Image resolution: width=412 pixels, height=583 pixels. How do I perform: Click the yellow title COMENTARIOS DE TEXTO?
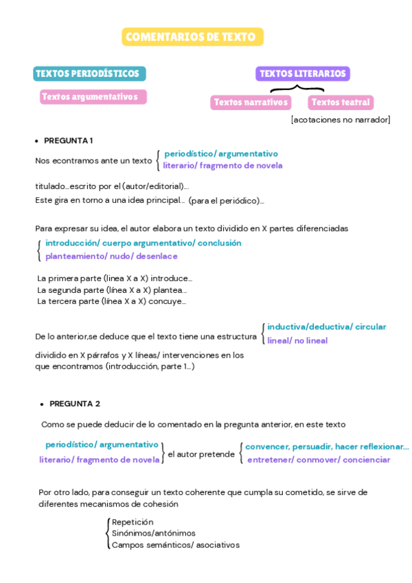point(192,37)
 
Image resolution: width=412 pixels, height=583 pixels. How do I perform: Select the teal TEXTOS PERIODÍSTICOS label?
point(88,74)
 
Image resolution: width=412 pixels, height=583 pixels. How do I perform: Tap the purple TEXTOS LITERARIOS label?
point(302,74)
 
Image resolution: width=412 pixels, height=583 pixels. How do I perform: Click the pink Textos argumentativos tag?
point(92,97)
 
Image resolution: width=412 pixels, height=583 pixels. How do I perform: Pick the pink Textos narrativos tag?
point(250,102)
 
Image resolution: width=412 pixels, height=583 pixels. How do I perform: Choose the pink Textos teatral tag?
point(341,102)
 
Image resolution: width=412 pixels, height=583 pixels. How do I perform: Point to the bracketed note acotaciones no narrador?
point(341,120)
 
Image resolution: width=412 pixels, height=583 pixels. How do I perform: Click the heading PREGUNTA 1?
point(68,141)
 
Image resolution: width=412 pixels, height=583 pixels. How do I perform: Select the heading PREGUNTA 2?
point(74,404)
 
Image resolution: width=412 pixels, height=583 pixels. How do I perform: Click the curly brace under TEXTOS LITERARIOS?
point(297,88)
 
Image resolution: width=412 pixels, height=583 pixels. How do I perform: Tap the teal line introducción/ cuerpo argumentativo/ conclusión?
point(143,243)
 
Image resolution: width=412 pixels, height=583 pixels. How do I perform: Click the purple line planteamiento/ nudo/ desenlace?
point(111,256)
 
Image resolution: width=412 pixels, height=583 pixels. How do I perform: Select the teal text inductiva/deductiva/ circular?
point(326,327)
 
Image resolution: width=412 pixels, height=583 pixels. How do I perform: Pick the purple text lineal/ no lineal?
point(297,340)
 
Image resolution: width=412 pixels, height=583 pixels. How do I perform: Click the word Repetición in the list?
point(133,522)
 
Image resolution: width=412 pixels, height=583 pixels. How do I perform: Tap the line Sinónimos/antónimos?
point(153,533)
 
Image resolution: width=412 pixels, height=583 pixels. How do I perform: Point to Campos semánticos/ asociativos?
point(175,544)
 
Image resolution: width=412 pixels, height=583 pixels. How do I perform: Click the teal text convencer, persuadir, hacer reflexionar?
point(326,446)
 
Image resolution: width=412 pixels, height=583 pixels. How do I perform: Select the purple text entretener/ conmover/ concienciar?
point(319,459)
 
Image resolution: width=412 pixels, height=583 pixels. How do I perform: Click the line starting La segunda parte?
point(112,289)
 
